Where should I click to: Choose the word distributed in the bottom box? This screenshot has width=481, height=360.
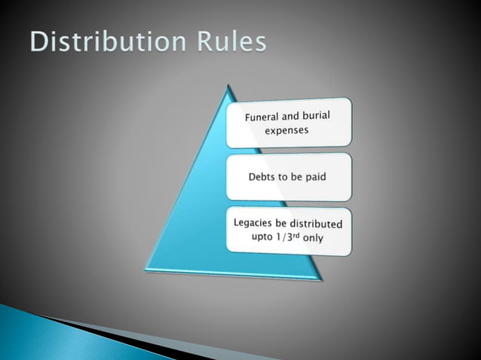(317, 224)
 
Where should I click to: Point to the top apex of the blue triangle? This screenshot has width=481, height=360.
(227, 87)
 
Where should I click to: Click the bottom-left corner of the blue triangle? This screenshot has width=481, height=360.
(146, 270)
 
